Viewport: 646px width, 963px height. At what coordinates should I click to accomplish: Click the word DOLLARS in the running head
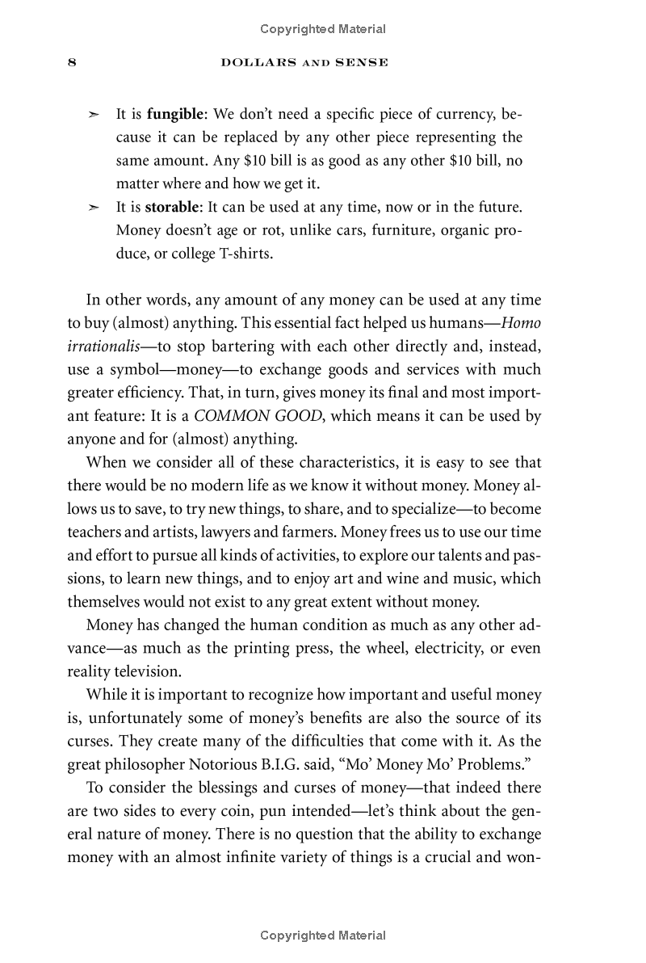[254, 62]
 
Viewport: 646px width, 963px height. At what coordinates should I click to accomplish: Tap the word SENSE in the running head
[363, 62]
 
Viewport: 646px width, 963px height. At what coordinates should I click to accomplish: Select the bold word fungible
[172, 114]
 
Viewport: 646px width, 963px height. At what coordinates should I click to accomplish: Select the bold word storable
[171, 207]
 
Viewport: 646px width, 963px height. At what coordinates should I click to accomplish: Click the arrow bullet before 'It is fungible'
[94, 115]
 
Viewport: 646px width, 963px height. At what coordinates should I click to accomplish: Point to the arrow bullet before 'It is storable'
[94, 208]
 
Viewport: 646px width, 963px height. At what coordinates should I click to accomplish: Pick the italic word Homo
[521, 323]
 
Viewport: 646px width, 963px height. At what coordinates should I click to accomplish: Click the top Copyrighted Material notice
[323, 29]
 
